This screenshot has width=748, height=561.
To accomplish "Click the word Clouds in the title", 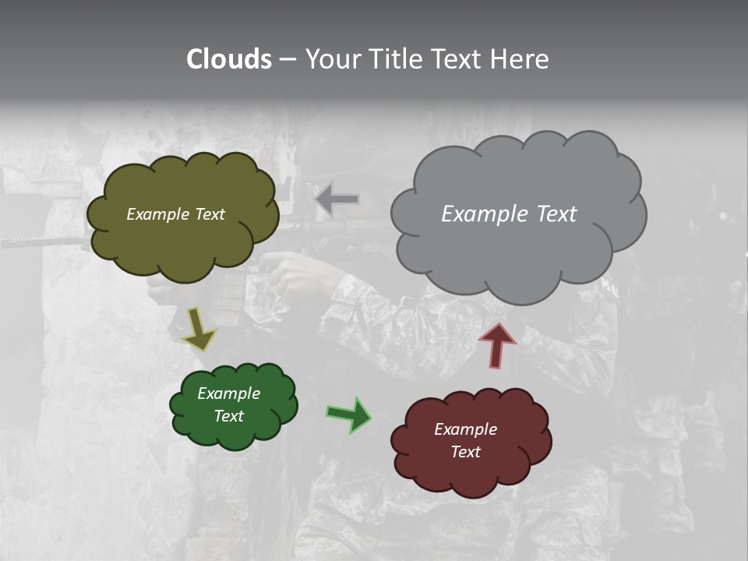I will coord(228,59).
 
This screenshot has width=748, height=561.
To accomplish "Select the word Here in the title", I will coord(520,59).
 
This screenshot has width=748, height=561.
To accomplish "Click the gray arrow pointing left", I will coord(337,199).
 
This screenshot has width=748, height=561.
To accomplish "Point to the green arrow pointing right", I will coord(349,414).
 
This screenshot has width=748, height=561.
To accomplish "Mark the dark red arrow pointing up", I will coord(496,345).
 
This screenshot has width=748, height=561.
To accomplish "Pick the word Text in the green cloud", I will coord(229,416).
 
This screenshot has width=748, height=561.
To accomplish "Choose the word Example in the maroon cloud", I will coord(465,429).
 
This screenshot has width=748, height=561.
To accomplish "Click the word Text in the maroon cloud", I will coord(465,452).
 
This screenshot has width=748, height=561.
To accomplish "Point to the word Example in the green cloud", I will coord(229,393).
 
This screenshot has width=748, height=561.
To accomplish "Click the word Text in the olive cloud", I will coord(210,214).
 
